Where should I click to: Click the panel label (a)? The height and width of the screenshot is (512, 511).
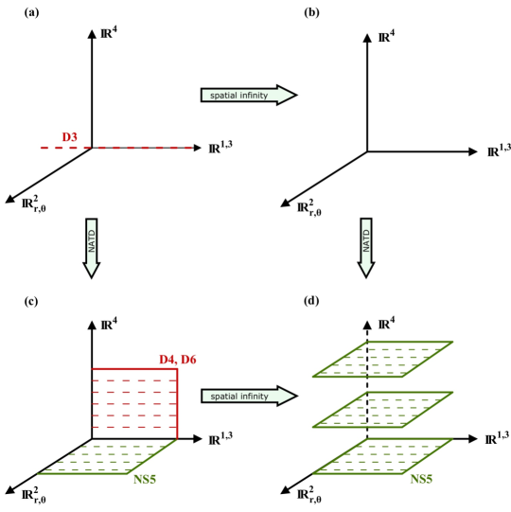click(x=31, y=12)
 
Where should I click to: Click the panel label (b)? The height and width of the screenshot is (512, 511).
click(x=311, y=12)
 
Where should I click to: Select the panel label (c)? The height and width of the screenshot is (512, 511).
click(x=31, y=301)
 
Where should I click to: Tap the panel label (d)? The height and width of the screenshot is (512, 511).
click(x=311, y=301)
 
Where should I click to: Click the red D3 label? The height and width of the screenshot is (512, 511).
click(x=69, y=137)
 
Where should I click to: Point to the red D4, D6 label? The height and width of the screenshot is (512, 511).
click(x=178, y=360)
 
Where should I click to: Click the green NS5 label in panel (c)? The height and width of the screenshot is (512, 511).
click(x=145, y=479)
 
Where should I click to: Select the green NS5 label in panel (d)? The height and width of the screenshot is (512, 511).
click(x=421, y=479)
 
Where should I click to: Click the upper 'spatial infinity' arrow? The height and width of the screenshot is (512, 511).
click(x=249, y=95)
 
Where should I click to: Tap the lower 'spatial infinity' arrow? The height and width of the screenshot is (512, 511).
click(x=249, y=397)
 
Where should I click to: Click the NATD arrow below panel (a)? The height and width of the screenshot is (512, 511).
click(x=92, y=248)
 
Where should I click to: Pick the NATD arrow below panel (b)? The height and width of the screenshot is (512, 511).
click(x=366, y=248)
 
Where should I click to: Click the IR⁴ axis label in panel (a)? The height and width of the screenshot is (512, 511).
click(x=109, y=33)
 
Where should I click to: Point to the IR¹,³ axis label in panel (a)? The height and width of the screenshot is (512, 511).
click(x=220, y=148)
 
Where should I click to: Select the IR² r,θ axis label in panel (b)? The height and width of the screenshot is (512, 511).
click(x=309, y=208)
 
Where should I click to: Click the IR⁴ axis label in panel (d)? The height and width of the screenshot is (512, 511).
click(x=386, y=324)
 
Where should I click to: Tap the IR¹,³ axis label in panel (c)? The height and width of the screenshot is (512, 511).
click(x=220, y=438)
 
